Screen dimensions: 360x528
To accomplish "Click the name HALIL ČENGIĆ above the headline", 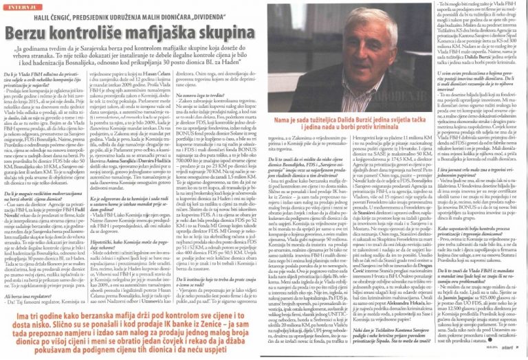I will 82,17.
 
